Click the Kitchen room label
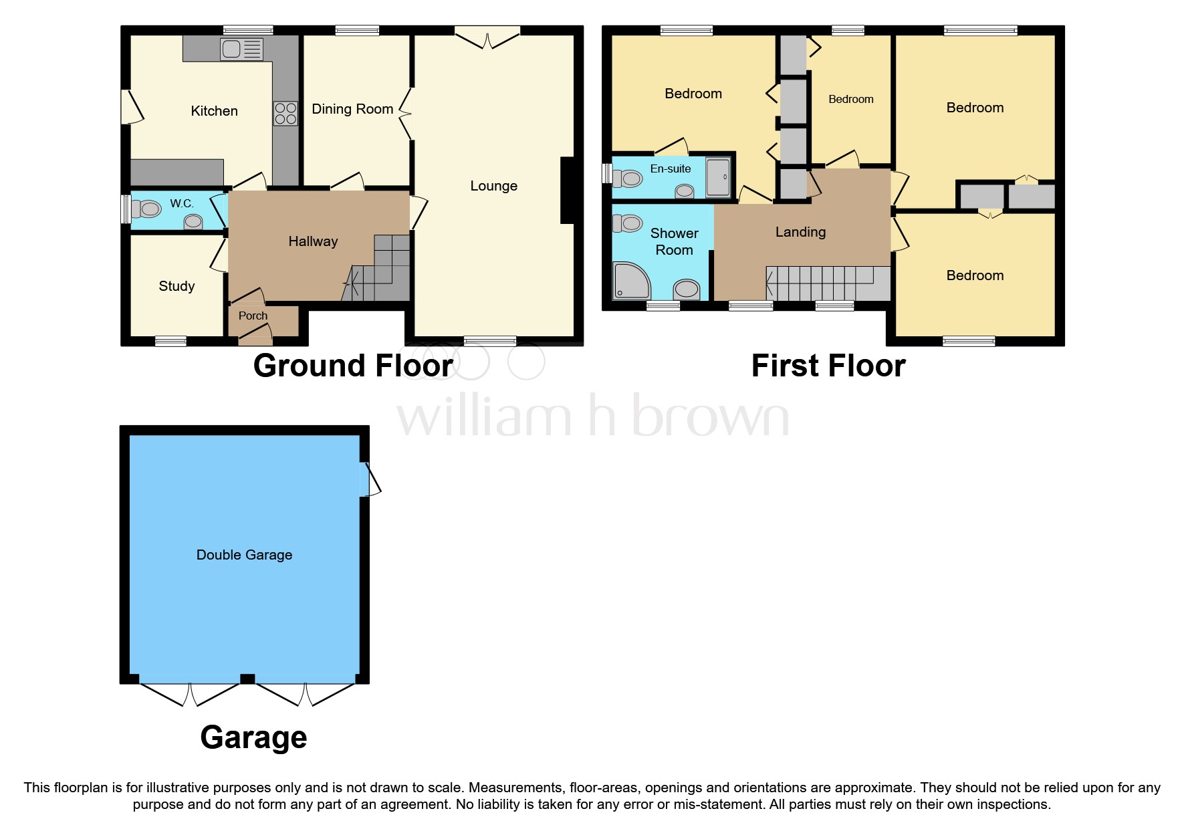pyautogui.click(x=214, y=111)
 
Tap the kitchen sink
pyautogui.click(x=241, y=49)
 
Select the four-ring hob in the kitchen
pyautogui.click(x=285, y=113)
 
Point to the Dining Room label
pyautogui.click(x=352, y=109)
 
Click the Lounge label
pyautogui.click(x=493, y=186)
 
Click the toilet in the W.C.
pyautogui.click(x=146, y=209)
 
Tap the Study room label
pyautogui.click(x=176, y=286)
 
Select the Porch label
pyautogui.click(x=253, y=316)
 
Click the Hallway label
pyautogui.click(x=313, y=241)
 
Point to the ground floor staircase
pyautogui.click(x=379, y=271)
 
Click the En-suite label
pyautogui.click(x=671, y=168)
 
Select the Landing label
pyautogui.click(x=800, y=232)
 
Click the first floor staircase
pyautogui.click(x=828, y=283)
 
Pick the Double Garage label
pyautogui.click(x=244, y=555)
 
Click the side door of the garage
pyautogui.click(x=370, y=479)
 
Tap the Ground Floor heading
pyautogui.click(x=354, y=366)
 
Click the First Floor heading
pyautogui.click(x=828, y=366)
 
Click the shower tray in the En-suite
pyautogui.click(x=718, y=177)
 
